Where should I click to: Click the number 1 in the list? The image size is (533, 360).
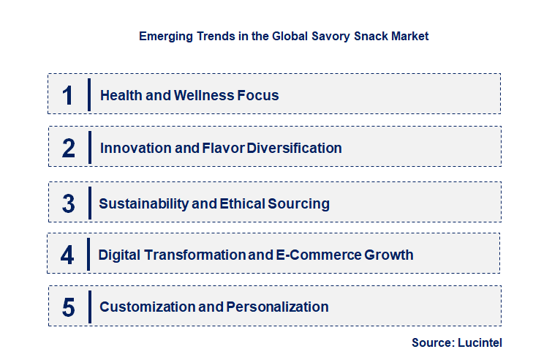pyautogui.click(x=68, y=96)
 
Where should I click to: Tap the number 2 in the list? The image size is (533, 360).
pyautogui.click(x=69, y=149)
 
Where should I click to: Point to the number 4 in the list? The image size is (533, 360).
pyautogui.click(x=68, y=255)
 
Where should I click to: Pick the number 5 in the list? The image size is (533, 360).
pyautogui.click(x=69, y=307)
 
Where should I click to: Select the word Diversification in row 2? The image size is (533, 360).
pyautogui.click(x=294, y=149)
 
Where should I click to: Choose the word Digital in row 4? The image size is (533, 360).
pyautogui.click(x=121, y=255)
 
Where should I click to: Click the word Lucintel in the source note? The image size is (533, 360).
pyautogui.click(x=480, y=342)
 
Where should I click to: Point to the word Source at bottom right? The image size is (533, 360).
pyautogui.click(x=432, y=342)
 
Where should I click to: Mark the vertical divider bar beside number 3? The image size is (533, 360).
pyautogui.click(x=88, y=203)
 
